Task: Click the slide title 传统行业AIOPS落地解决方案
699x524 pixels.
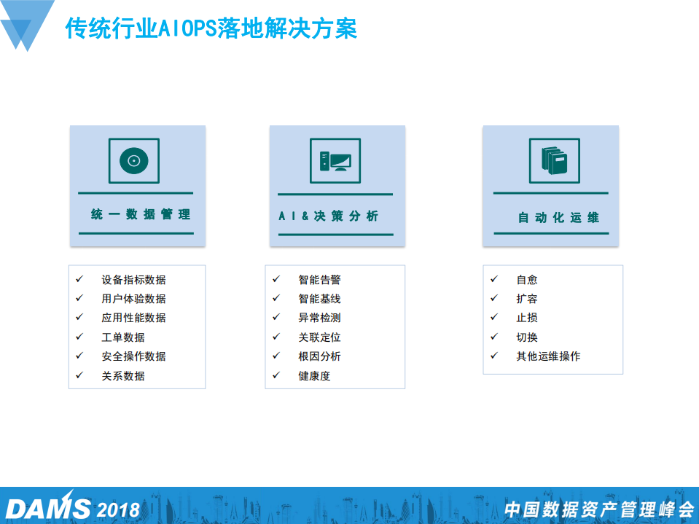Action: point(211,29)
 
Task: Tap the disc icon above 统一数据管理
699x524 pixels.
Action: point(133,160)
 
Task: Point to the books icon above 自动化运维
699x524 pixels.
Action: point(554,160)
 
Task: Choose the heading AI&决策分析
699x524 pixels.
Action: point(329,216)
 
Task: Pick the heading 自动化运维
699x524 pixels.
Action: point(558,217)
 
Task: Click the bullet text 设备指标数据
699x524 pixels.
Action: point(133,280)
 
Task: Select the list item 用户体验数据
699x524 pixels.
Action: point(133,299)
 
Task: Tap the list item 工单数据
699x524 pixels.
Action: point(123,337)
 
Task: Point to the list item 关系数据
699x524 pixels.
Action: point(123,376)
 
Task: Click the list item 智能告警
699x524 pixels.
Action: point(319,280)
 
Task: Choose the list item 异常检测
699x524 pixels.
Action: point(319,318)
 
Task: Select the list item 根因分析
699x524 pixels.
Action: point(319,356)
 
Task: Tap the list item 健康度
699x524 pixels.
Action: point(314,376)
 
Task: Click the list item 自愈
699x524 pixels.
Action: point(526,280)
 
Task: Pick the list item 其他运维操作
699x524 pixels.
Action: point(548,356)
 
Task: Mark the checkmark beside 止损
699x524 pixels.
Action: point(494,317)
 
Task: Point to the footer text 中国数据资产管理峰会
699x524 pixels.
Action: point(599,509)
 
